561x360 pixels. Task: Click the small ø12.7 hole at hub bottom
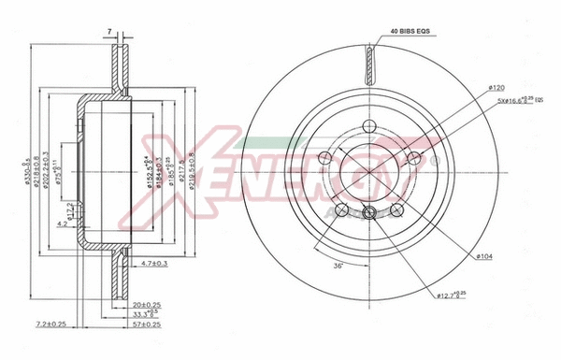pyautogui.click(x=370, y=212)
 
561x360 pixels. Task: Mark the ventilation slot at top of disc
pyautogui.click(x=370, y=65)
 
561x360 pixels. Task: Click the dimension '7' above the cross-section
pyautogui.click(x=110, y=32)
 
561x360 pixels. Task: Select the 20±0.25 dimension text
pyautogui.click(x=148, y=305)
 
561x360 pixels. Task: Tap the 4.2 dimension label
pyautogui.click(x=61, y=224)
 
